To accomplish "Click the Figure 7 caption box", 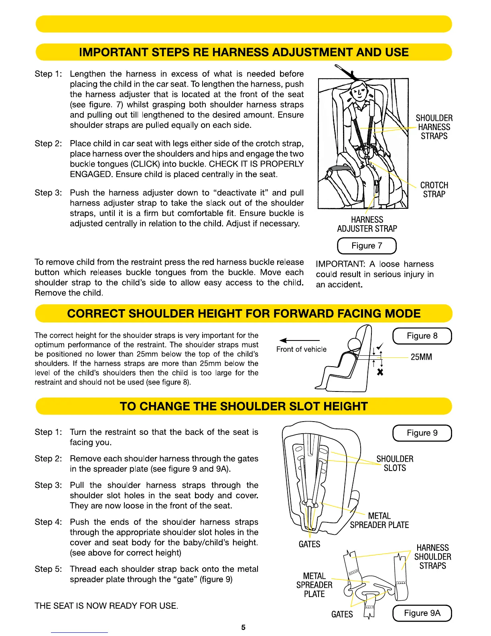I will pyautogui.click(x=367, y=246).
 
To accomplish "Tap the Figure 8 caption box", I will pyautogui.click(x=422, y=336).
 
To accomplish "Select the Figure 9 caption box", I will pyautogui.click(x=422, y=433).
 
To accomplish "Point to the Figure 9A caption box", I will pyautogui.click(x=422, y=613).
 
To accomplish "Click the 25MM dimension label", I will pyautogui.click(x=421, y=357).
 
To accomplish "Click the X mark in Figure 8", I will pyautogui.click(x=380, y=372).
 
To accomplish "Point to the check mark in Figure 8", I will pyautogui.click(x=381, y=347).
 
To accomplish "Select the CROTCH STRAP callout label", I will pyautogui.click(x=434, y=190).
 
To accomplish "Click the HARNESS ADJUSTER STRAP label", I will pyautogui.click(x=367, y=224).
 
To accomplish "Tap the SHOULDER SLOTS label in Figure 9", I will pyautogui.click(x=395, y=463).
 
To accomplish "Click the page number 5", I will pyautogui.click(x=243, y=627).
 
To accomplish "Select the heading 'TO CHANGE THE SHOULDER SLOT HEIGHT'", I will pyautogui.click(x=243, y=406).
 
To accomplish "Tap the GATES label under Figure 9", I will pyautogui.click(x=309, y=544).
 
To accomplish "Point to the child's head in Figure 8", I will pyautogui.click(x=355, y=344).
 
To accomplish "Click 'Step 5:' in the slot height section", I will pyautogui.click(x=48, y=569).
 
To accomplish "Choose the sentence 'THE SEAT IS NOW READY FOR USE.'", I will pyautogui.click(x=106, y=605).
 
